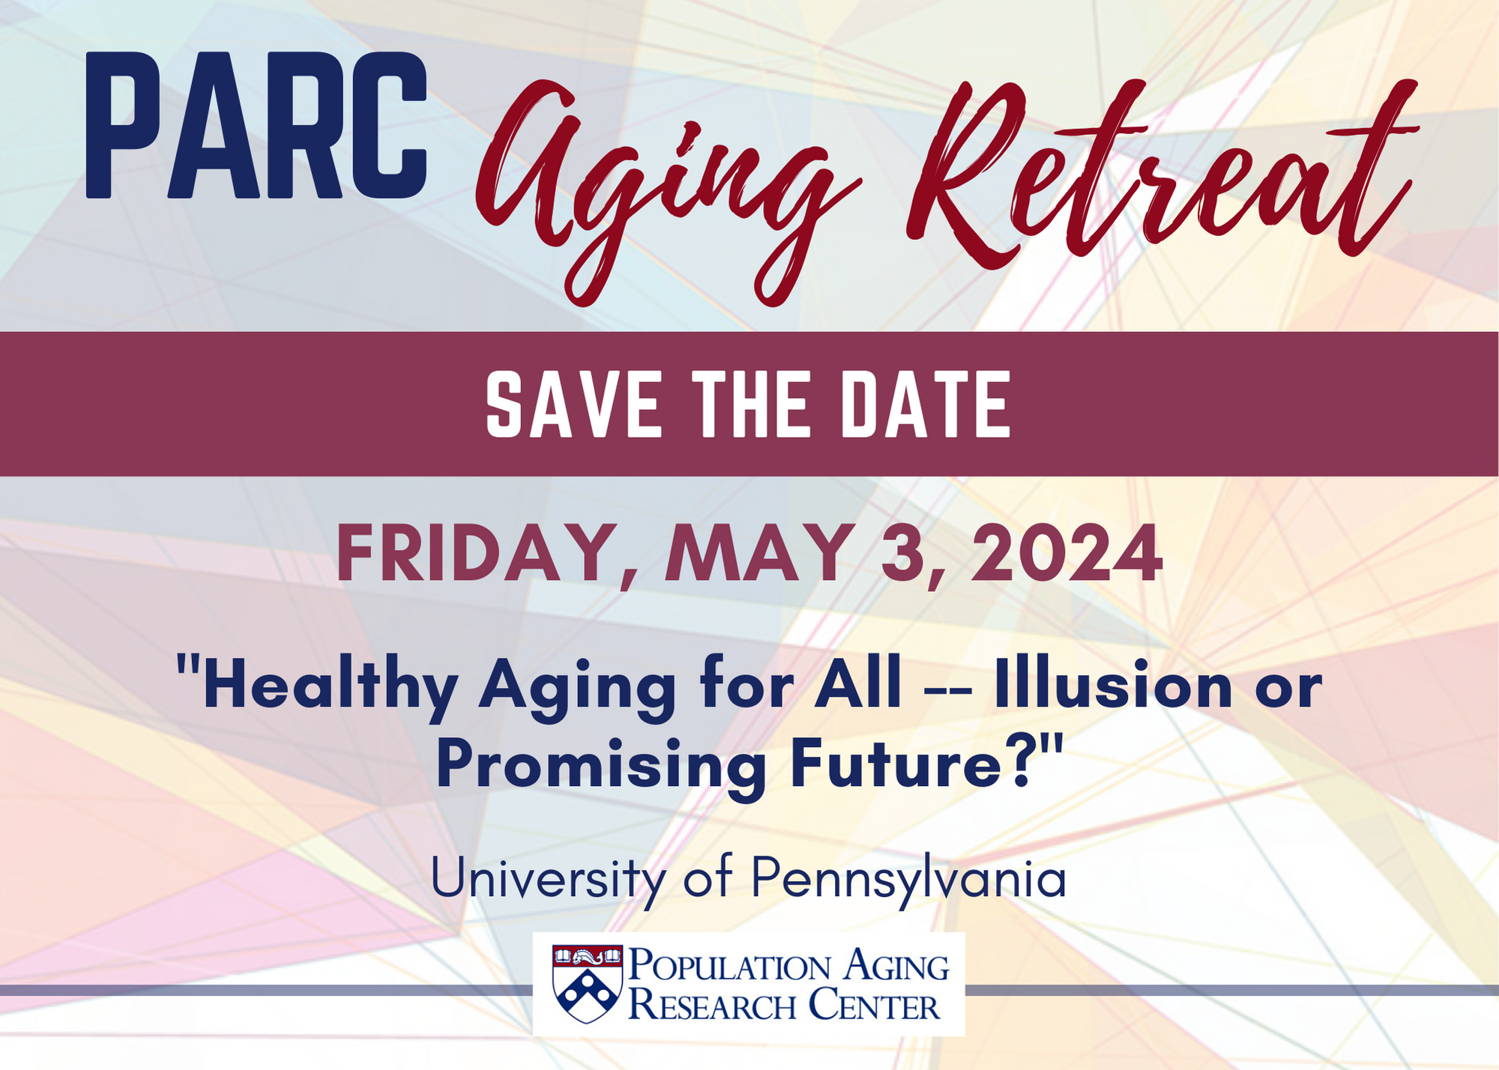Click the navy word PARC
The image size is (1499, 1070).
pos(256,126)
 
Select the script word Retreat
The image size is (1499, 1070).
pos(1161,172)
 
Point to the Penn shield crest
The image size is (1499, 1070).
pos(588,983)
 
